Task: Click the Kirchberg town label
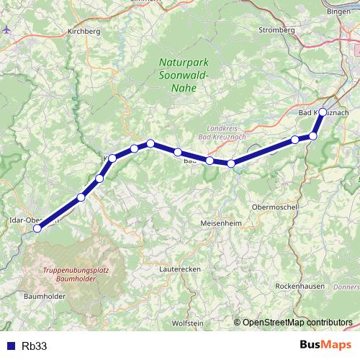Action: (81, 31)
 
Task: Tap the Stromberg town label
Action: (277, 30)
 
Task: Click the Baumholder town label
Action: (45, 296)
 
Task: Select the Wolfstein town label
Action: (188, 323)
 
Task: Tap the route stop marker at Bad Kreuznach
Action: (323, 112)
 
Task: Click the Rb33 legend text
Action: (35, 346)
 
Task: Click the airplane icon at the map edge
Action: (6, 30)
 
